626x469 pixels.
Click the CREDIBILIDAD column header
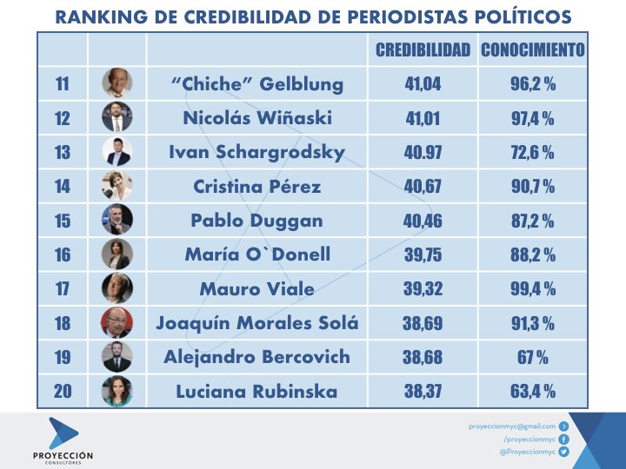point(423,50)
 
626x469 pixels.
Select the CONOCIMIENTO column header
point(532,50)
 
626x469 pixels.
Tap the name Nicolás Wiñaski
point(256,118)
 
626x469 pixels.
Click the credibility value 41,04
point(423,84)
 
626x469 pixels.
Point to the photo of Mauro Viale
point(117,288)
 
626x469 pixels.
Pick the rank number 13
point(63,153)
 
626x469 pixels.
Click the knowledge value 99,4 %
point(532,288)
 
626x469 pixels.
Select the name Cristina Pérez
point(256,187)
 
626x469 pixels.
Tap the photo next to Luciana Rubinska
point(117,391)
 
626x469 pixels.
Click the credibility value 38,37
point(423,391)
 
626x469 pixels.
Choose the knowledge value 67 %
point(532,357)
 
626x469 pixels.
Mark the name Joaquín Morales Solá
point(256,323)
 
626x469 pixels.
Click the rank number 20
point(63,391)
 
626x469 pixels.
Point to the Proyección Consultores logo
point(63,439)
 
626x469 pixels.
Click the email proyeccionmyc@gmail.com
point(511,426)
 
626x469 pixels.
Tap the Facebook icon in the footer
point(563,439)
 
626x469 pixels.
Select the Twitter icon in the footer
point(563,452)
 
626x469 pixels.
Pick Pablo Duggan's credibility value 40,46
point(423,221)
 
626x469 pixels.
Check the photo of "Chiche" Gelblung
point(117,84)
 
